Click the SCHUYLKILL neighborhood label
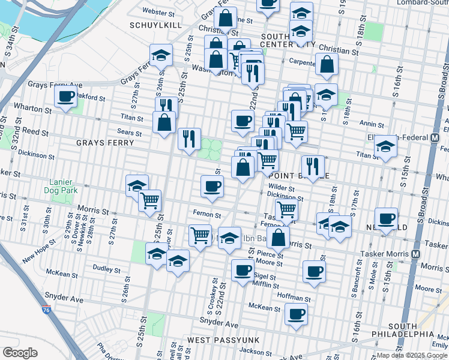[x=152, y=25]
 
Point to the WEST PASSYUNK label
[x=223, y=340]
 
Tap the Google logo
[x=20, y=353]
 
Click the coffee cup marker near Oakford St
[x=65, y=96]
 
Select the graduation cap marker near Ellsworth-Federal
[x=387, y=146]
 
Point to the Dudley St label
[x=107, y=268]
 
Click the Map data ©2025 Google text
[x=412, y=355]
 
